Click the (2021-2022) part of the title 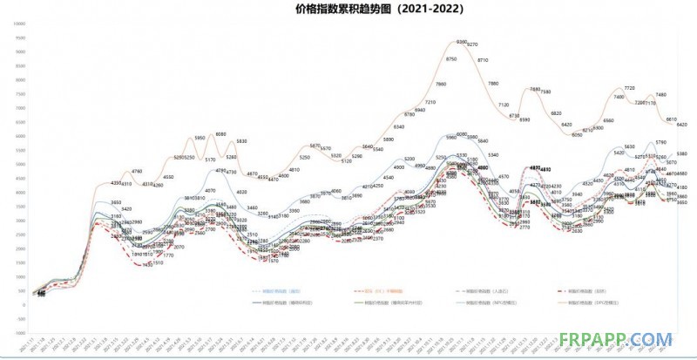tap(421, 8)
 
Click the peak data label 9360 tap(461, 42)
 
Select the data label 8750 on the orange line tap(451, 58)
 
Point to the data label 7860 tap(441, 84)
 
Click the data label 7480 tap(660, 94)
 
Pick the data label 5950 tap(200, 138)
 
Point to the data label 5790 tap(660, 141)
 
